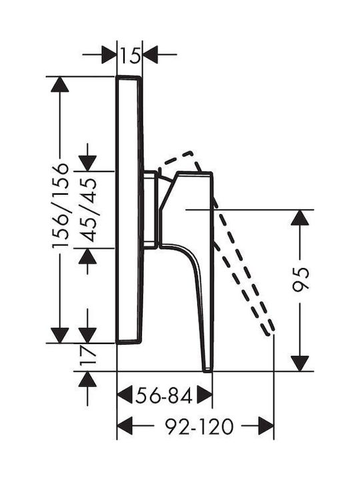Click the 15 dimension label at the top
pyautogui.click(x=130, y=55)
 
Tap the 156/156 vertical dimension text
pyautogui.click(x=60, y=206)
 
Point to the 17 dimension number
pyautogui.click(x=88, y=356)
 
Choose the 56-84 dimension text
pyautogui.click(x=164, y=395)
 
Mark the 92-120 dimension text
pyautogui.click(x=199, y=427)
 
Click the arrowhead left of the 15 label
pyautogui.click(x=109, y=55)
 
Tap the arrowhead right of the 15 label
pyautogui.click(x=150, y=55)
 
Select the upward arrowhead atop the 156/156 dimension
pyautogui.click(x=60, y=84)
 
